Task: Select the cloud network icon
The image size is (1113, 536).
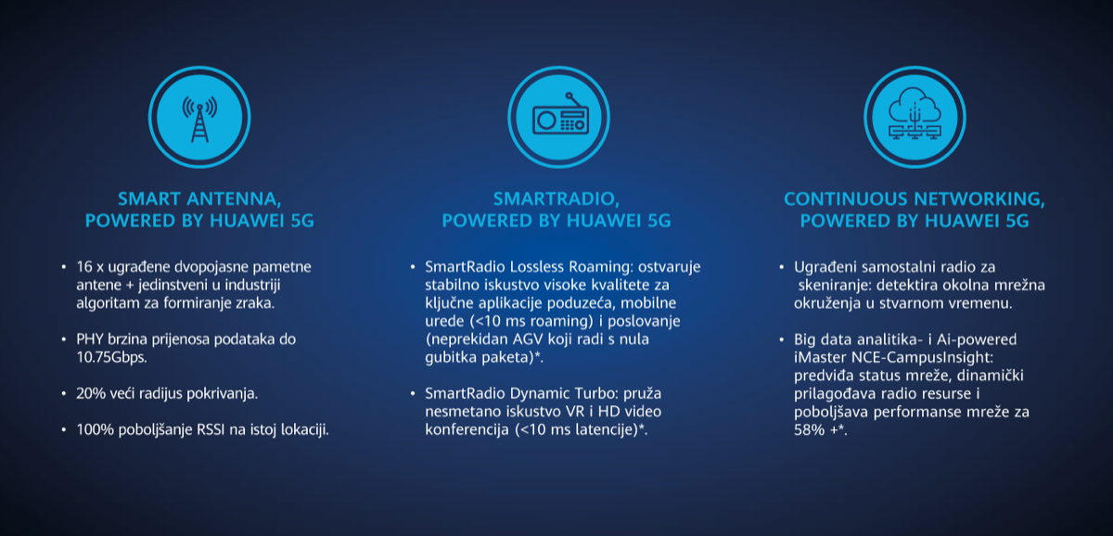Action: [x=915, y=114]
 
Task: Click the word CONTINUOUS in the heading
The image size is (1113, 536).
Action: [x=846, y=198]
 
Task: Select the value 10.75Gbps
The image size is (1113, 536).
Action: [x=111, y=357]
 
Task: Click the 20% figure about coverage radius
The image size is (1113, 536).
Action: [x=91, y=393]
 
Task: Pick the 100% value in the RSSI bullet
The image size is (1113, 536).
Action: [x=95, y=429]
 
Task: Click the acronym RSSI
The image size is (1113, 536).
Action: [x=211, y=429]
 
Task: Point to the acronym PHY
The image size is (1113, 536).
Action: [x=89, y=339]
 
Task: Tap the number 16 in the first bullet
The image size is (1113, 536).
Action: [x=84, y=267]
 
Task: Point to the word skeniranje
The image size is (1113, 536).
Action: [x=834, y=285]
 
